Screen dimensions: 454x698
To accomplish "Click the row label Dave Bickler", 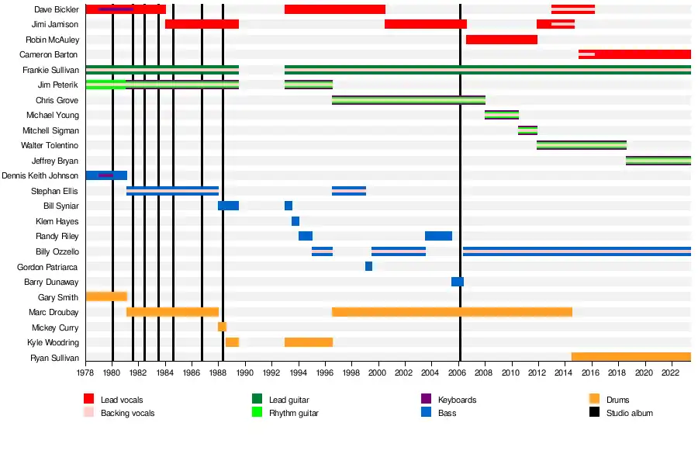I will coord(56,9).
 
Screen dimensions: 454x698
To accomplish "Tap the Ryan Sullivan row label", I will coord(54,358).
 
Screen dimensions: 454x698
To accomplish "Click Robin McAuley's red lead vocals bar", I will coord(501,40).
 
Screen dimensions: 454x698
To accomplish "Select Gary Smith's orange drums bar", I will coord(106,296).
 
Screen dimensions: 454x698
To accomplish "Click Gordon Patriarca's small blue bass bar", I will coord(368,266).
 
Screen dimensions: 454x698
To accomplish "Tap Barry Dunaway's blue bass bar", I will coord(458,282).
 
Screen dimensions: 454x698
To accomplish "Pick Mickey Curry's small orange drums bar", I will coord(222,327).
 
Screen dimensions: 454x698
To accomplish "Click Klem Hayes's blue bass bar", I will coord(295,221).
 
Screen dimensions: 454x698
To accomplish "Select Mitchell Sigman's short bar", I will coord(527,130).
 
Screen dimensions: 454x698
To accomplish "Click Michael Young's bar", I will coord(502,115).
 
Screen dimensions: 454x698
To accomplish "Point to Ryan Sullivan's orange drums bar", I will coord(631,357).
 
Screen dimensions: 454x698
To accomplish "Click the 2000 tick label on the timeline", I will coord(378,373).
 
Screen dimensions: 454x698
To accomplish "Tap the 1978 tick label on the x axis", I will coord(85,373).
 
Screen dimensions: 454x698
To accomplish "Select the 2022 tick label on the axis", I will coord(670,373).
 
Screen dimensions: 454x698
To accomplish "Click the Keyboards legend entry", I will coord(457,400).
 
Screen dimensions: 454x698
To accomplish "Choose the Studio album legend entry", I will coord(629,413).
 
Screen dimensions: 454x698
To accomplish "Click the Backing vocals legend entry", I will coord(127,413).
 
